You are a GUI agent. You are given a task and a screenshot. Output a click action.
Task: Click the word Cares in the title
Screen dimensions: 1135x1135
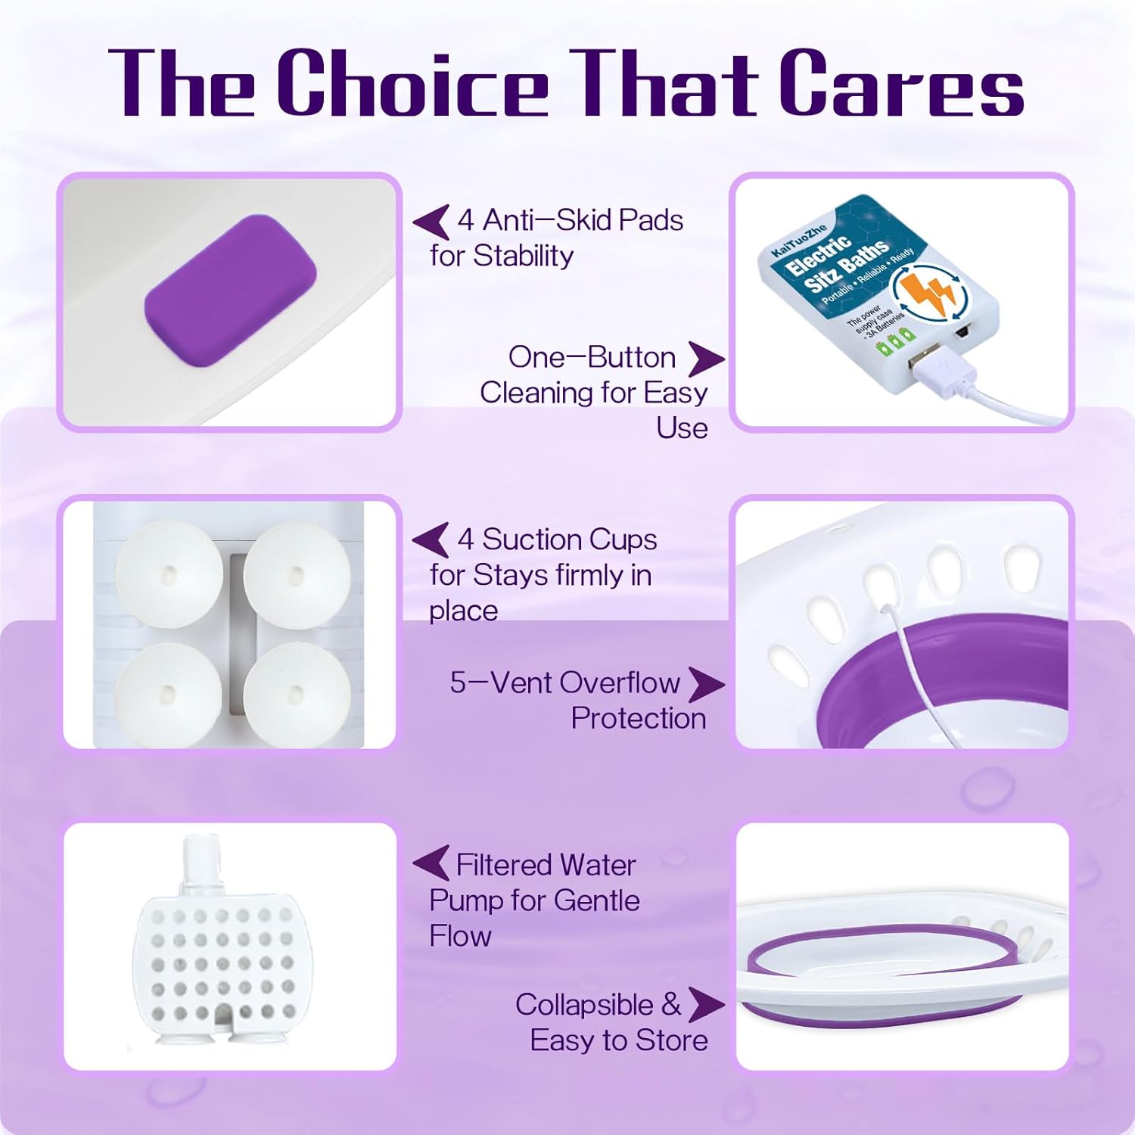902,83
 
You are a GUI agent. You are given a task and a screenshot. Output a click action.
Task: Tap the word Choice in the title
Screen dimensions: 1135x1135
412,83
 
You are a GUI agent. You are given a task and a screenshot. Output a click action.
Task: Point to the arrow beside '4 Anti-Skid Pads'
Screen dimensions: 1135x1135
432,222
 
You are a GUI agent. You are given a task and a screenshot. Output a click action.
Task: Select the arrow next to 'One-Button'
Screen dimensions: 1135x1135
705,359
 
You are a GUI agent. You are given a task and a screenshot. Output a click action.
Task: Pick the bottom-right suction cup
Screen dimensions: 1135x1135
297,694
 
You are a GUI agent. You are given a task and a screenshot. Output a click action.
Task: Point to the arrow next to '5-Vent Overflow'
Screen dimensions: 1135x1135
705,684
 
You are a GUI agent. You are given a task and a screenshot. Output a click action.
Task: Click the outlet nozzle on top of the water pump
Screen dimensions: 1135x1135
201,859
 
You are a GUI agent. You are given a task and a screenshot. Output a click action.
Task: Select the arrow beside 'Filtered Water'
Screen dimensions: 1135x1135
431,863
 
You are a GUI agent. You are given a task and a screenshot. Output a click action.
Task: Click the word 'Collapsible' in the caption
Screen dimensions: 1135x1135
584,1005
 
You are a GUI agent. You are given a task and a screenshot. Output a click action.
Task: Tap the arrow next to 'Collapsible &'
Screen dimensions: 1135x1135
705,1005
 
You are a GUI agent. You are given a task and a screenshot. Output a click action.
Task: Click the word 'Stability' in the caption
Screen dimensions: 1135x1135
523,257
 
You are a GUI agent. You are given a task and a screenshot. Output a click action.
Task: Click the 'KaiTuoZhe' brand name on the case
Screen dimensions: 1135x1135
798,239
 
